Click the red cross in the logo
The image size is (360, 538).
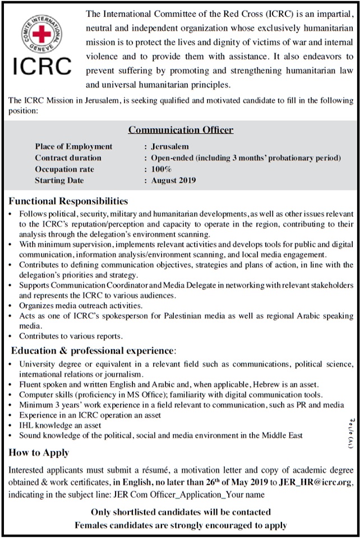tap(42, 34)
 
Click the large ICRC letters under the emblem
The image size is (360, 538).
tap(42, 66)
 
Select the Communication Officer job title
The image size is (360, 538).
tap(181, 130)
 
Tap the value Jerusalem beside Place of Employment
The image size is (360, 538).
tap(170, 147)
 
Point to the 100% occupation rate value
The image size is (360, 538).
tap(161, 169)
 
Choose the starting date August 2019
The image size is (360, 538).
tap(174, 180)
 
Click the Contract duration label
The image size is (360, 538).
tap(68, 158)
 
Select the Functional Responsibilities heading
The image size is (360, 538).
tap(68, 201)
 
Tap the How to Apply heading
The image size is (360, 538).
tap(39, 452)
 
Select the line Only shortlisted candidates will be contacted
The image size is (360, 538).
tap(180, 512)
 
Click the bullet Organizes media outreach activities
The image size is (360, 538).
tap(81, 305)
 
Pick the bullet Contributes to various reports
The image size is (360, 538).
tap(71, 336)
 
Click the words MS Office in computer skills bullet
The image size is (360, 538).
tap(133, 395)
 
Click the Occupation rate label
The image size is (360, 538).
tap(64, 169)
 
